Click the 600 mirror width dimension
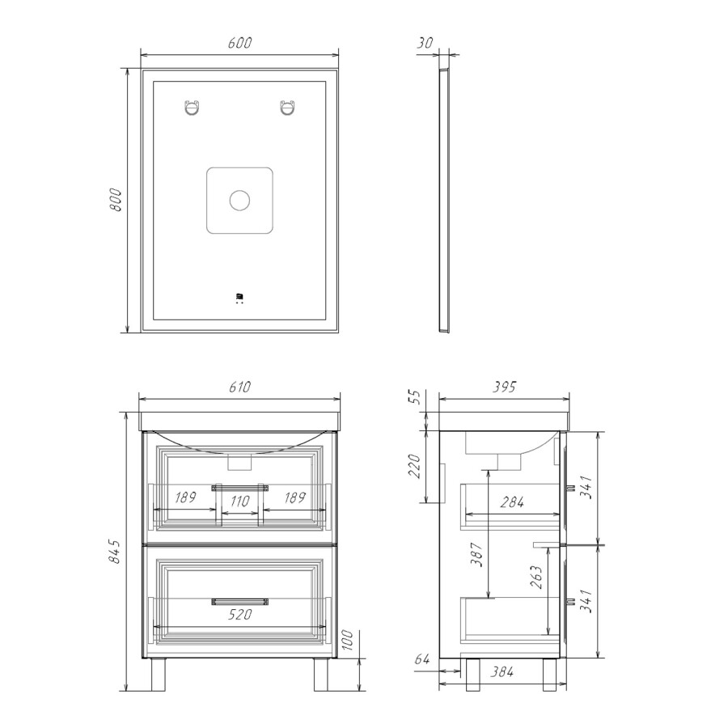(239, 43)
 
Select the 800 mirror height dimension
(115, 200)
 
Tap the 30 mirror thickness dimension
(425, 43)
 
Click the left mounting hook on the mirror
(192, 108)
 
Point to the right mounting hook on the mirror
(287, 108)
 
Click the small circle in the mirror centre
(239, 201)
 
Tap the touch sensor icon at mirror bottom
(239, 298)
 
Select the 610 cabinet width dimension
(239, 387)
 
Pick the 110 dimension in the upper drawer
(239, 502)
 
